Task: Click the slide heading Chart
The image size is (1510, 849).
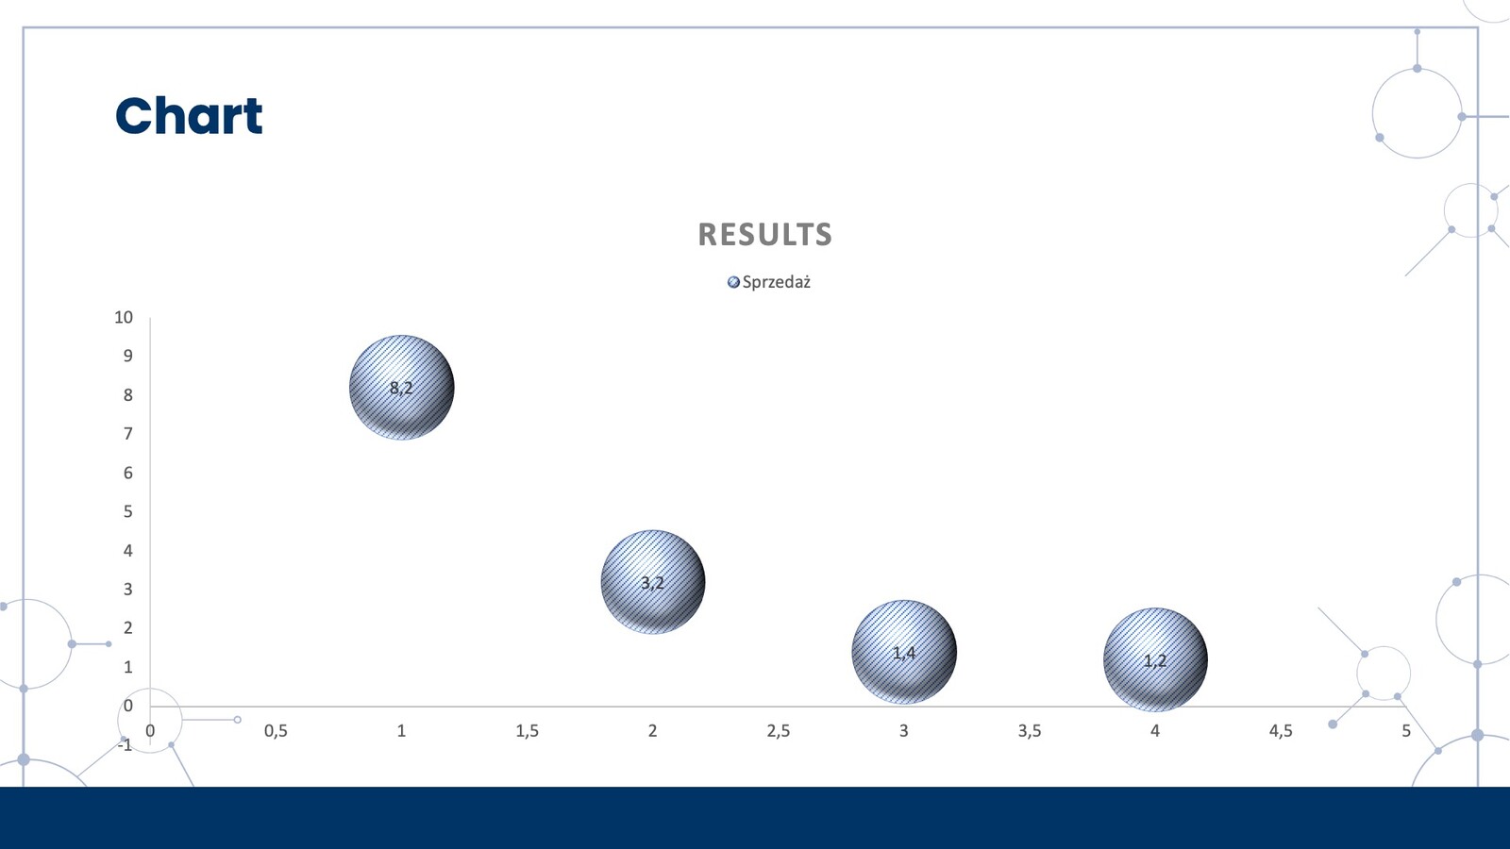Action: tap(189, 115)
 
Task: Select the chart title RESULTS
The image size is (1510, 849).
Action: tap(765, 235)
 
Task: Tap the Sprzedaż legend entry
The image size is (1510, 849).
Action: tap(769, 282)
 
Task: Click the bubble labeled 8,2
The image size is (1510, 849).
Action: tap(402, 388)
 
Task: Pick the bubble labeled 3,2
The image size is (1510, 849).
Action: tap(652, 582)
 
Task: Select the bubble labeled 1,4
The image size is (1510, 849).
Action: tap(904, 652)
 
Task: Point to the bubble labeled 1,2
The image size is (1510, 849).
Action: tap(1155, 659)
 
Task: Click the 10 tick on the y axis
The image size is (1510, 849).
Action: tap(124, 317)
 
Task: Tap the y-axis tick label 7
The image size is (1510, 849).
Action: tap(128, 434)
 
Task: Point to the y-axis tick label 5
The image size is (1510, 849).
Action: tap(128, 511)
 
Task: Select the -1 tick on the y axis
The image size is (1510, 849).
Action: tap(126, 744)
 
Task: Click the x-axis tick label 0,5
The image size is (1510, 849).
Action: tap(276, 731)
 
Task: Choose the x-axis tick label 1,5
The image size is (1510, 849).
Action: tap(528, 731)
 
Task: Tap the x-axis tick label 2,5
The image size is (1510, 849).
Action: tap(778, 731)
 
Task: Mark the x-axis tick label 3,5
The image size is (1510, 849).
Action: tap(1030, 731)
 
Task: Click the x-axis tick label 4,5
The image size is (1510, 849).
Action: tap(1281, 731)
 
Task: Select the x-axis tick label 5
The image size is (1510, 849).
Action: tap(1406, 731)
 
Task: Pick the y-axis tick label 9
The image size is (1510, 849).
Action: tap(128, 356)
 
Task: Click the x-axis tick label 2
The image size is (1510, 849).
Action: tap(652, 731)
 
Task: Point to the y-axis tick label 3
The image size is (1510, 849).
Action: tap(128, 589)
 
